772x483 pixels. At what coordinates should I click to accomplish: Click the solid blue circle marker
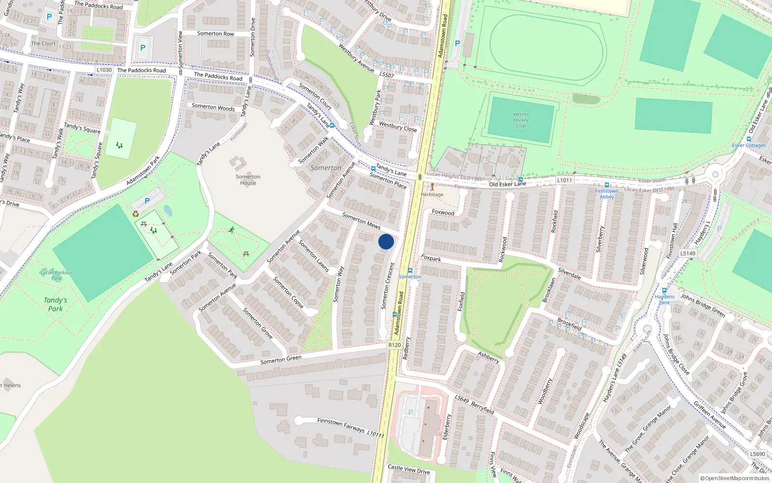coord(386,241)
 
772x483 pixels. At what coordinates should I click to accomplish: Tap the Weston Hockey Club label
coord(521,120)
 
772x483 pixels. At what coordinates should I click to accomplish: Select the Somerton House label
coord(248,180)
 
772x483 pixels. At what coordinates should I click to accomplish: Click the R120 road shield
coord(394,345)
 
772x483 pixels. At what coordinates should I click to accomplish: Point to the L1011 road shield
coord(565,180)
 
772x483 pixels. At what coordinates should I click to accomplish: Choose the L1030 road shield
coord(104,70)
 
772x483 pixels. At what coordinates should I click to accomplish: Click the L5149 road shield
coord(688,253)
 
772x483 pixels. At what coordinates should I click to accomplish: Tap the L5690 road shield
coord(758,454)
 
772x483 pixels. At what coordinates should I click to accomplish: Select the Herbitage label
coord(432,194)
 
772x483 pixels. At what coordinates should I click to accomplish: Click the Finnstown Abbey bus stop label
coord(607,194)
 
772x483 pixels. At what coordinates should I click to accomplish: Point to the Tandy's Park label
coord(55,304)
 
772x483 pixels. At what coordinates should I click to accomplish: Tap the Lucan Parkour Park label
coord(56,275)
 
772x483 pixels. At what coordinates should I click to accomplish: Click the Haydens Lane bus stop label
coord(664,299)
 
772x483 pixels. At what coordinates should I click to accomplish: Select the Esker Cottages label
coord(749,145)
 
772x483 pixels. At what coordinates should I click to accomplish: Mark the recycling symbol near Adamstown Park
coord(136,214)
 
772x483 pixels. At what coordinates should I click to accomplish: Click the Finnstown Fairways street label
coord(341,425)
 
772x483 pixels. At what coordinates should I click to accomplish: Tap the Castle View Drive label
coord(409,469)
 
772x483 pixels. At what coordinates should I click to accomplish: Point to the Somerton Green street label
coord(281,360)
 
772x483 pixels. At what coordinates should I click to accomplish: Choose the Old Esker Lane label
coord(508,184)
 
